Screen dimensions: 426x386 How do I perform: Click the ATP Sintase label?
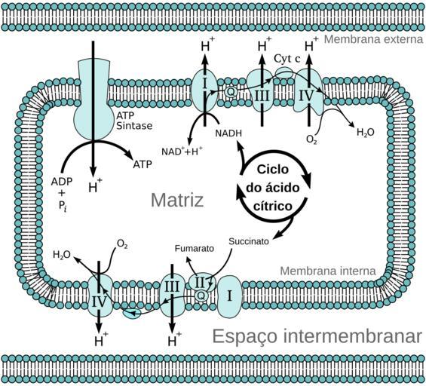tap(134, 121)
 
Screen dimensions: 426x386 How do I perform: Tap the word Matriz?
tap(177, 200)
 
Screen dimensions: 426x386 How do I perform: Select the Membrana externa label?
tap(374, 39)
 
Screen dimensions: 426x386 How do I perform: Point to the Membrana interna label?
tap(328, 271)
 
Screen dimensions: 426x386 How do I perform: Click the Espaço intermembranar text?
tap(317, 335)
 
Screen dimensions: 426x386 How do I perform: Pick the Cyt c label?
tap(287, 58)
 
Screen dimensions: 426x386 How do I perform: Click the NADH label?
tap(228, 133)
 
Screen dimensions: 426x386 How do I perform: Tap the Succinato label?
tap(249, 241)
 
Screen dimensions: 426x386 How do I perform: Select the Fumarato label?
tap(195, 248)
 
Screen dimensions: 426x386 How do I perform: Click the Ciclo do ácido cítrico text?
tap(273, 188)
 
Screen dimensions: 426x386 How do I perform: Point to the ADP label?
tap(62, 181)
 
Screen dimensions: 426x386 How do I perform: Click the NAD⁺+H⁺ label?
tap(182, 151)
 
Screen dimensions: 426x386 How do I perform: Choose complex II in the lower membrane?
tap(201, 283)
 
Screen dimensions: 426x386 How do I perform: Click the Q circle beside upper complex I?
tap(231, 92)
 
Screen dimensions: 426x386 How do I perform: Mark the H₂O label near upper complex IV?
tap(366, 132)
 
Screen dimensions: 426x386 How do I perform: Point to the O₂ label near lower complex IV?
tap(122, 244)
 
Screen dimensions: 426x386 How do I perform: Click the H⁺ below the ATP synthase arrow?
tap(95, 186)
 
